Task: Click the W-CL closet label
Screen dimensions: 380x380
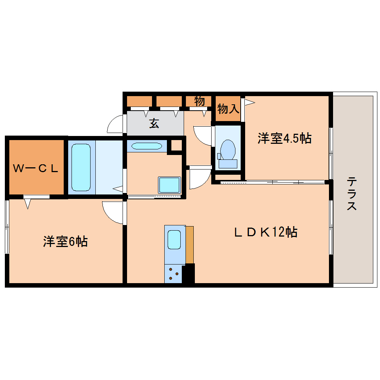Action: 36,168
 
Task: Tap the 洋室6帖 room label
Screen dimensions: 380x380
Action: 65,242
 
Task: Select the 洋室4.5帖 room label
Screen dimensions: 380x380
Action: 284,139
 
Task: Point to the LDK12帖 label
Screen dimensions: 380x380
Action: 265,232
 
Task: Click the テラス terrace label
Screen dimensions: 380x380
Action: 352,194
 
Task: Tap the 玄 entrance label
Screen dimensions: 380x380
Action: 154,123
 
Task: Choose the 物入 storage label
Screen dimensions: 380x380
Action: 228,109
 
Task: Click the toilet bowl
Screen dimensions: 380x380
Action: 228,149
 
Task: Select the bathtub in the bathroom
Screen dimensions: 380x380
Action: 81,167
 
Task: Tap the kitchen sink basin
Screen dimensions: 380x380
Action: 174,240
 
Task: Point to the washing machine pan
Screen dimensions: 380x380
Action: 170,185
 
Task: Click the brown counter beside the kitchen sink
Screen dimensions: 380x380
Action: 190,244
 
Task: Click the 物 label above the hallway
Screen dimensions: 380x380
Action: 200,101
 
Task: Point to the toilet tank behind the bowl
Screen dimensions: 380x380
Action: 228,163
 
